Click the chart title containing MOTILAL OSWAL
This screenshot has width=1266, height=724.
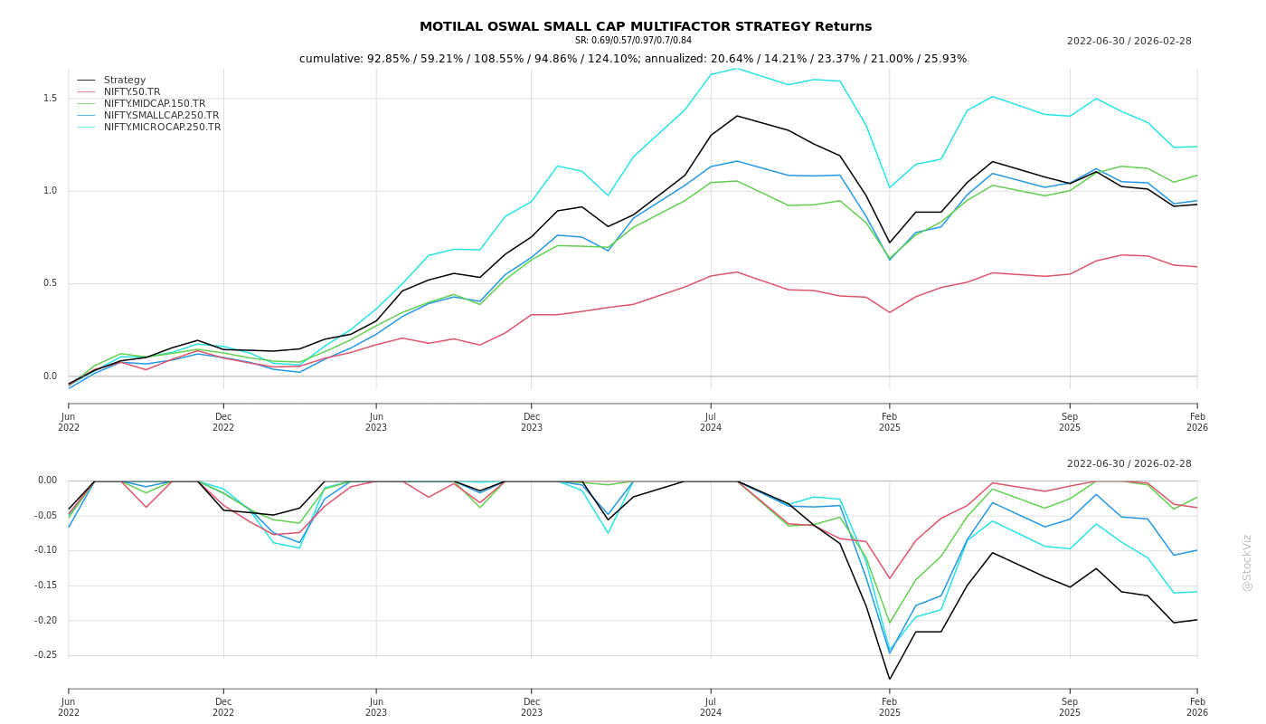[646, 27]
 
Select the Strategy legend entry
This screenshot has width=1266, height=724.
[125, 81]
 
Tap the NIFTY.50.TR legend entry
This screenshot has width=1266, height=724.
[132, 92]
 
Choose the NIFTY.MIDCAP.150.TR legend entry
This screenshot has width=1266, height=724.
[155, 104]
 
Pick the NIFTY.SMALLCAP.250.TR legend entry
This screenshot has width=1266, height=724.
[161, 116]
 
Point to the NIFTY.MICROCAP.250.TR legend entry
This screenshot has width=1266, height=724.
[162, 128]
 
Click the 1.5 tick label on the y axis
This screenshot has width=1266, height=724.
[50, 99]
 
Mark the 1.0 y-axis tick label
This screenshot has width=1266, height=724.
[50, 191]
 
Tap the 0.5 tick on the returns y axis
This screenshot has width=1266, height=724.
[50, 283]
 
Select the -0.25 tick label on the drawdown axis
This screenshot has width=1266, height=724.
[46, 655]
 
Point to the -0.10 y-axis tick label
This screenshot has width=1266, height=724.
[46, 550]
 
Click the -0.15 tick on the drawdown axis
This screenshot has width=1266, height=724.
[46, 586]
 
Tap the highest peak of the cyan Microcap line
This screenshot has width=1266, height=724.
[736, 68]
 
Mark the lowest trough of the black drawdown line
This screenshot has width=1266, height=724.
[889, 679]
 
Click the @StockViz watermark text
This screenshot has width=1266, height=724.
[1247, 562]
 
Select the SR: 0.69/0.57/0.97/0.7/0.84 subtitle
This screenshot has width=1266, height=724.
[633, 41]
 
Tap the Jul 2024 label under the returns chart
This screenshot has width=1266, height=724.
[711, 423]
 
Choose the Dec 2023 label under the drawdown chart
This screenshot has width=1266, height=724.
[532, 708]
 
